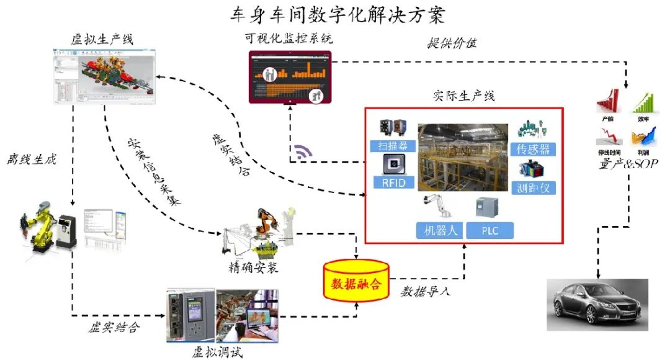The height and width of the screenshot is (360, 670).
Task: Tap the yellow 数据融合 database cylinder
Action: tap(355, 281)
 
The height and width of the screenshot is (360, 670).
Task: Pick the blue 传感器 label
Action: tap(533, 149)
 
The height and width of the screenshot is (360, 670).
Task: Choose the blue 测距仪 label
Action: tap(533, 187)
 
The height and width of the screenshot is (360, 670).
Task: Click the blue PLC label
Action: tap(490, 231)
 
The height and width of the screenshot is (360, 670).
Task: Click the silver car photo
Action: tap(597, 305)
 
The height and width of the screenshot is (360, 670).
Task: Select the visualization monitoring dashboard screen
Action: tap(290, 77)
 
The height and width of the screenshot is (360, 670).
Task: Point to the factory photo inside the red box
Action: tap(463, 158)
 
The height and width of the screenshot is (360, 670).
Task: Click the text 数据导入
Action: tap(424, 290)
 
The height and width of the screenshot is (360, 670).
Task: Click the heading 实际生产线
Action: tap(462, 97)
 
